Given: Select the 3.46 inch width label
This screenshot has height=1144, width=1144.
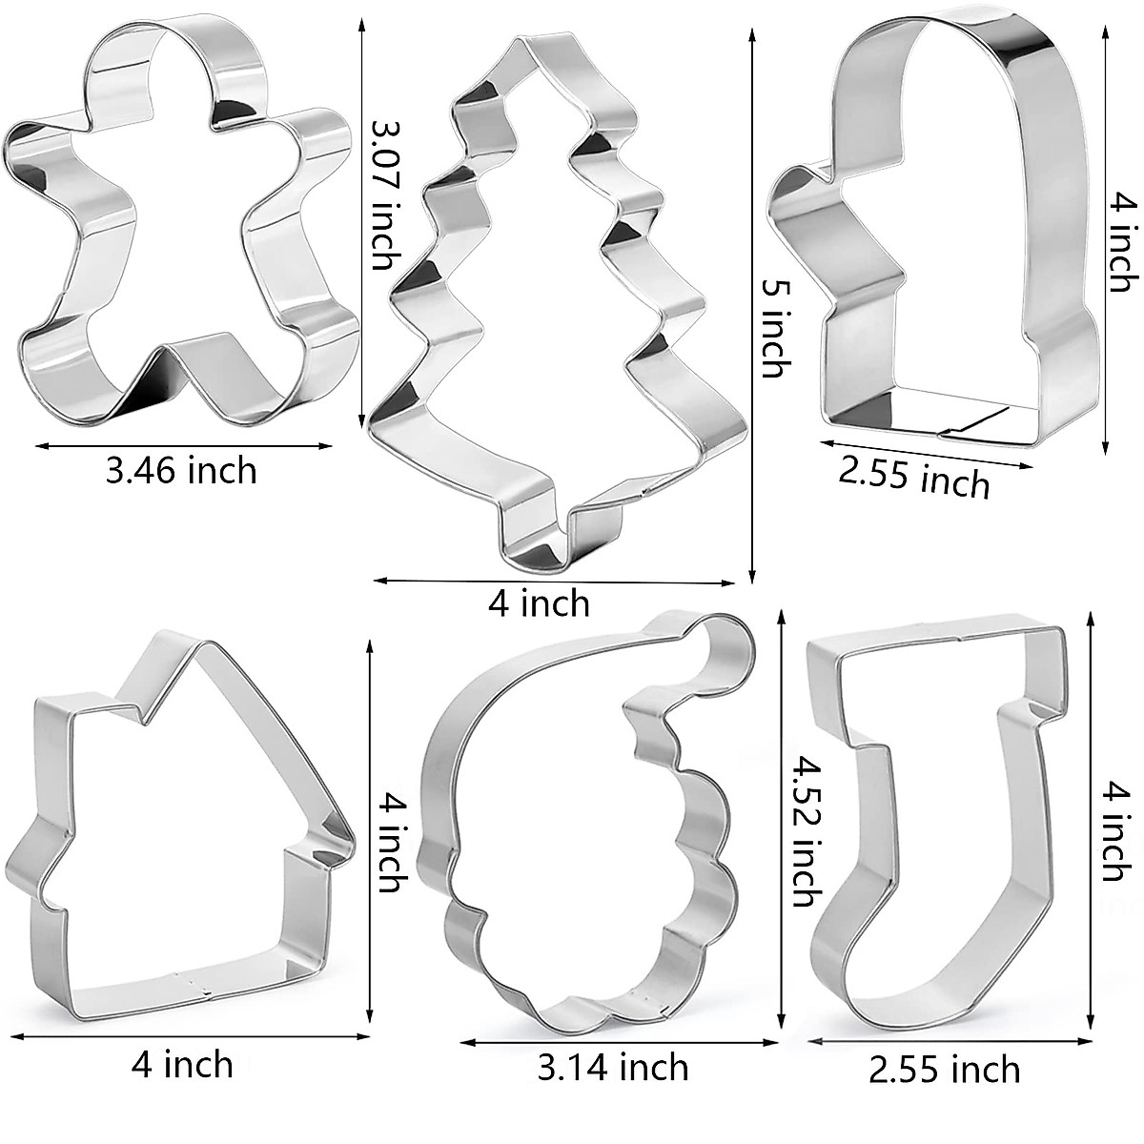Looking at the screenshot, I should coord(181,470).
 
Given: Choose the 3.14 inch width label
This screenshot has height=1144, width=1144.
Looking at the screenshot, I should coord(613,1066).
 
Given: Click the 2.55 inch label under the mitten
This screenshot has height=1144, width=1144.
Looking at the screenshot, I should coord(913,476).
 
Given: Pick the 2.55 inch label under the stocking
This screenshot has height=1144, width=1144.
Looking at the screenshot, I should coord(944,1069).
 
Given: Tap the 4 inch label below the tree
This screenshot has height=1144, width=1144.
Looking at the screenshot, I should coord(539,603).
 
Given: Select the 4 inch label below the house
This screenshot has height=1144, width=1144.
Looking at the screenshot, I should coord(182,1063).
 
